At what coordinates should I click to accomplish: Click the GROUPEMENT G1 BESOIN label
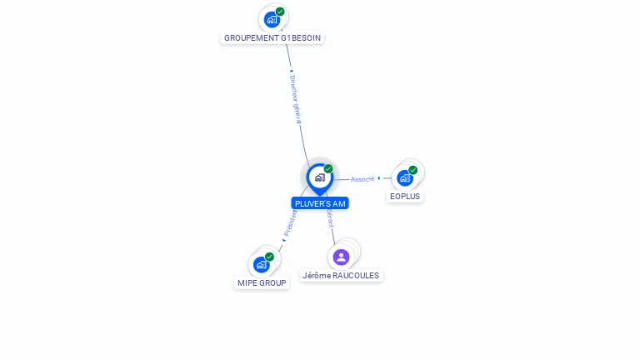tap(272, 37)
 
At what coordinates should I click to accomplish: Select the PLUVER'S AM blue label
tap(320, 203)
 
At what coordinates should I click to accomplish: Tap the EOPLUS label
tap(406, 197)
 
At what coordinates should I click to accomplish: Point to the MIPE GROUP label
tap(262, 282)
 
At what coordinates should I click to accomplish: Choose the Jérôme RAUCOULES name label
tap(340, 275)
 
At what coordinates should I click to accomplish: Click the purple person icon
tap(341, 257)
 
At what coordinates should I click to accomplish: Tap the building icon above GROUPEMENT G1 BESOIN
tap(271, 19)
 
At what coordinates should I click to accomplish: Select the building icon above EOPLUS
tap(405, 177)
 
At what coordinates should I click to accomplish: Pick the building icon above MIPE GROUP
tap(261, 264)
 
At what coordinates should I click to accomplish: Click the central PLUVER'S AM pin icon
tap(319, 177)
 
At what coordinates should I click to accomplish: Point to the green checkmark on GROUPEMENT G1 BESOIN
tap(280, 12)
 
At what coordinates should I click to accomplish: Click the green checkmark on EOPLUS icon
tap(413, 170)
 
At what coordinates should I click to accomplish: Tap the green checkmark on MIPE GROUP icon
tap(269, 257)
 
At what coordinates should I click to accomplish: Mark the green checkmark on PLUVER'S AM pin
tap(328, 169)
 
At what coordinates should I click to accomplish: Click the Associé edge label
tap(362, 179)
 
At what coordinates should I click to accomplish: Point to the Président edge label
tap(291, 222)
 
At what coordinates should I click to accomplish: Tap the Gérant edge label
tap(330, 218)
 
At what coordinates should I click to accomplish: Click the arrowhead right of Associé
tap(379, 178)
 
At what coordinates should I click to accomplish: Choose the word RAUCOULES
tap(355, 275)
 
